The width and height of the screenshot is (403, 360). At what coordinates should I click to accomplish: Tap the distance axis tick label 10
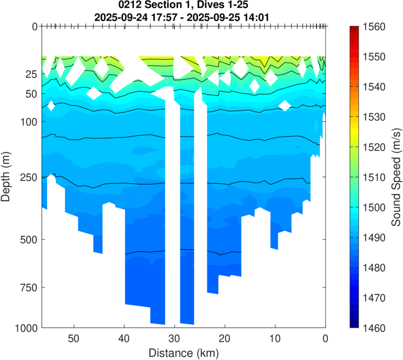[275, 337]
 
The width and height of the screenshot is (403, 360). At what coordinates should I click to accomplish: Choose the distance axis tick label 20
[225, 337]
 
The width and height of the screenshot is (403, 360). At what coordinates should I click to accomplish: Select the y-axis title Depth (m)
[6, 177]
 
